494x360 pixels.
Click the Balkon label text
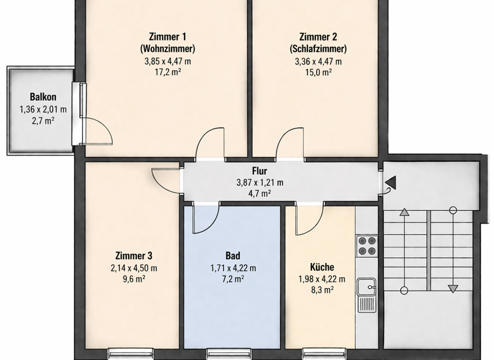(39, 97)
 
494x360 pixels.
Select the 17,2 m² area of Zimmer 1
(167, 73)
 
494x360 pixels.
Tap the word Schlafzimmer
(318, 49)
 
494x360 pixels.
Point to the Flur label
(260, 172)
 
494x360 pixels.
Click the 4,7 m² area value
(260, 193)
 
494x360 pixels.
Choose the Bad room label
(233, 256)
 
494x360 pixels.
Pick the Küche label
(322, 267)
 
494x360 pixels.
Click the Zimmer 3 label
(134, 256)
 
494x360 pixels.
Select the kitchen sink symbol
(367, 286)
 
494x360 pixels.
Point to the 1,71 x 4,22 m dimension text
(233, 267)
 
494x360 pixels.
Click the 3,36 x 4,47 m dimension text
(318, 61)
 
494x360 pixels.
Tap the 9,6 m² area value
(134, 279)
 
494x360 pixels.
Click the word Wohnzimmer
(167, 49)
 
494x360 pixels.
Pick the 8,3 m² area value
(322, 291)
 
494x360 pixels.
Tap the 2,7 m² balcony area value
(39, 120)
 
